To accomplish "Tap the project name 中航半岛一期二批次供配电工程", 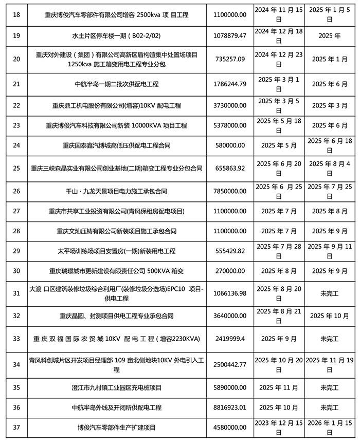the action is click(116, 84).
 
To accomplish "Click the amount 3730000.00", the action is click(229, 105).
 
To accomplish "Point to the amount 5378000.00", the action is click(229, 125).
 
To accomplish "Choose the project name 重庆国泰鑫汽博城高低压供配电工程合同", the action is click(116, 145).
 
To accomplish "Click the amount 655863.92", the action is click(229, 168).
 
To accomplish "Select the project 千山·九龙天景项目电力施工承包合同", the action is click(116, 191).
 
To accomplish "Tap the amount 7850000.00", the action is click(229, 191).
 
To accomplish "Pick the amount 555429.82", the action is click(229, 251).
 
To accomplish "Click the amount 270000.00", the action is click(229, 270).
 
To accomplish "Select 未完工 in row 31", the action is click(330, 293).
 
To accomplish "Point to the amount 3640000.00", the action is click(229, 316).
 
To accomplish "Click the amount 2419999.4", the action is click(229, 339).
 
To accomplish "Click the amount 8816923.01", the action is click(229, 407).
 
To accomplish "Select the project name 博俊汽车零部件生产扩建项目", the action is click(116, 427).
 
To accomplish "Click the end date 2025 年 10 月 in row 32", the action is click(330, 316).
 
